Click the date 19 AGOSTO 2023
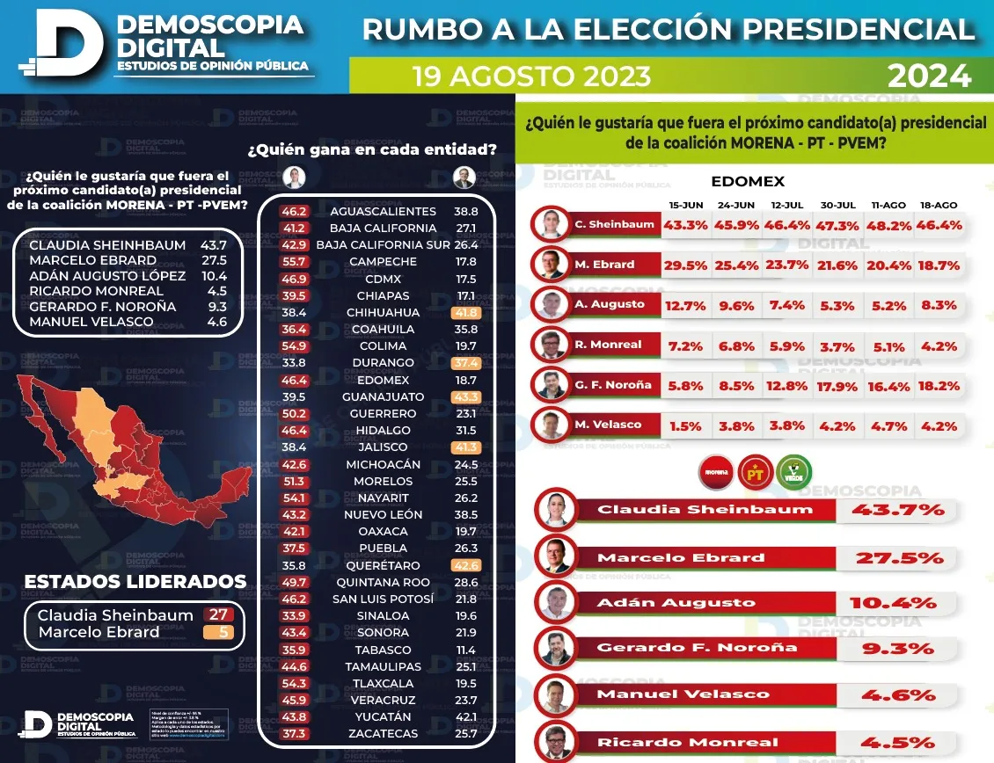click(x=531, y=76)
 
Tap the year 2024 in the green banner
click(x=929, y=76)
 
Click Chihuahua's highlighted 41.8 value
click(x=465, y=312)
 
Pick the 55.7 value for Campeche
click(x=293, y=262)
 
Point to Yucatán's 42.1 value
click(x=465, y=716)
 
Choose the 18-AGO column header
click(x=940, y=204)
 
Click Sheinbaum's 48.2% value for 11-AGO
click(x=891, y=224)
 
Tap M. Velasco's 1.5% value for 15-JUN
click(x=685, y=425)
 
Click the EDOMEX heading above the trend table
click(x=747, y=181)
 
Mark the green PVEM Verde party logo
click(x=793, y=473)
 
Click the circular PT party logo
click(x=755, y=473)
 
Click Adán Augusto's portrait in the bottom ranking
click(x=555, y=602)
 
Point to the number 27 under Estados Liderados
click(x=216, y=615)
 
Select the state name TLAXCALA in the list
click(x=384, y=683)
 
